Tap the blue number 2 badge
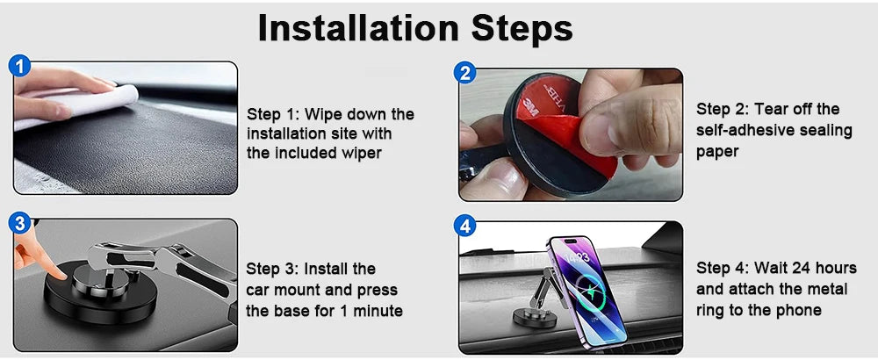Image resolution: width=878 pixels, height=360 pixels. click(466, 73)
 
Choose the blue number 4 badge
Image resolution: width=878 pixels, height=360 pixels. click(466, 226)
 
